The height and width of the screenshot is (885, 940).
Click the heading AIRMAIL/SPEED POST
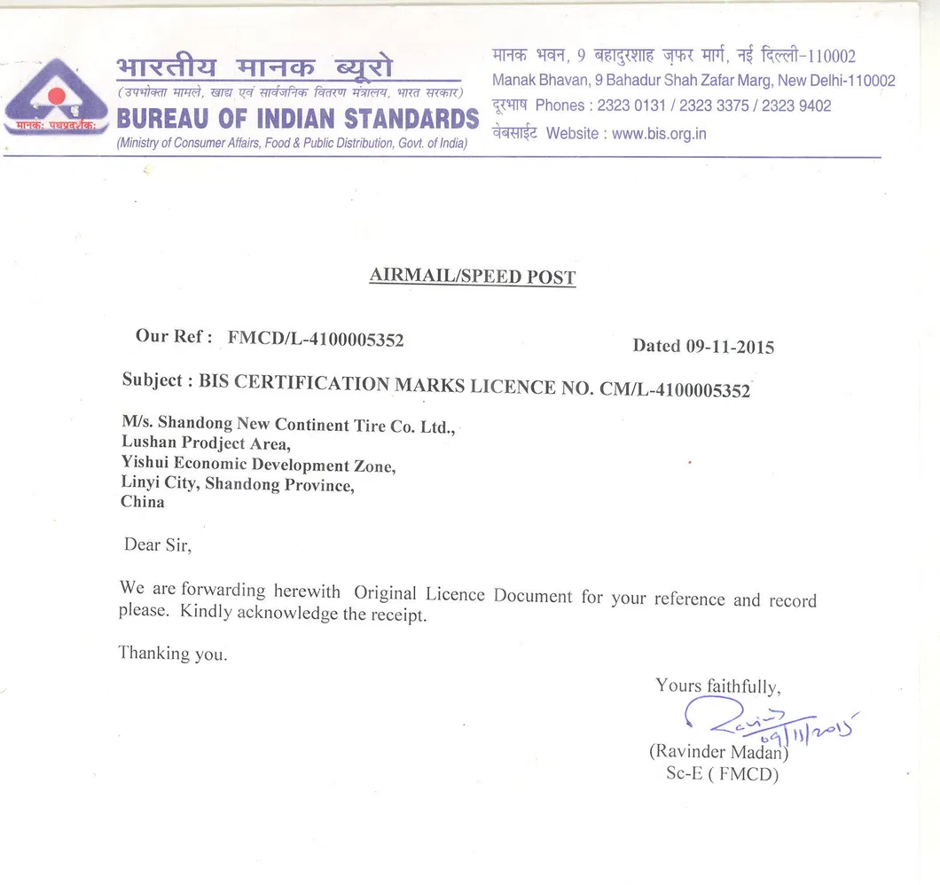(x=472, y=277)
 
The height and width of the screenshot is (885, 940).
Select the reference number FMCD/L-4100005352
(x=316, y=338)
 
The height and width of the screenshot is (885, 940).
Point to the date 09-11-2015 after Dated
(x=729, y=347)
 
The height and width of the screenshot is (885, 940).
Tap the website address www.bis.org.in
(x=659, y=134)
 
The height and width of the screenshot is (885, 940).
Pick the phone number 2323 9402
(x=796, y=106)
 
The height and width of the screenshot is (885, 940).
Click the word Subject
(x=153, y=380)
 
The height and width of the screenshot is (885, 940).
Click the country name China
(x=143, y=502)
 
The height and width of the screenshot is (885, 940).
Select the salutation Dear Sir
(x=157, y=544)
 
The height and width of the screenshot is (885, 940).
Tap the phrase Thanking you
(x=173, y=654)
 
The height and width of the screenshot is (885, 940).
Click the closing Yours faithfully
(x=717, y=685)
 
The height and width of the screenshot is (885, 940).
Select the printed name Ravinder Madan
(x=718, y=752)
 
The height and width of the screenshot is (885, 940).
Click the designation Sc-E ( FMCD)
(x=722, y=774)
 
